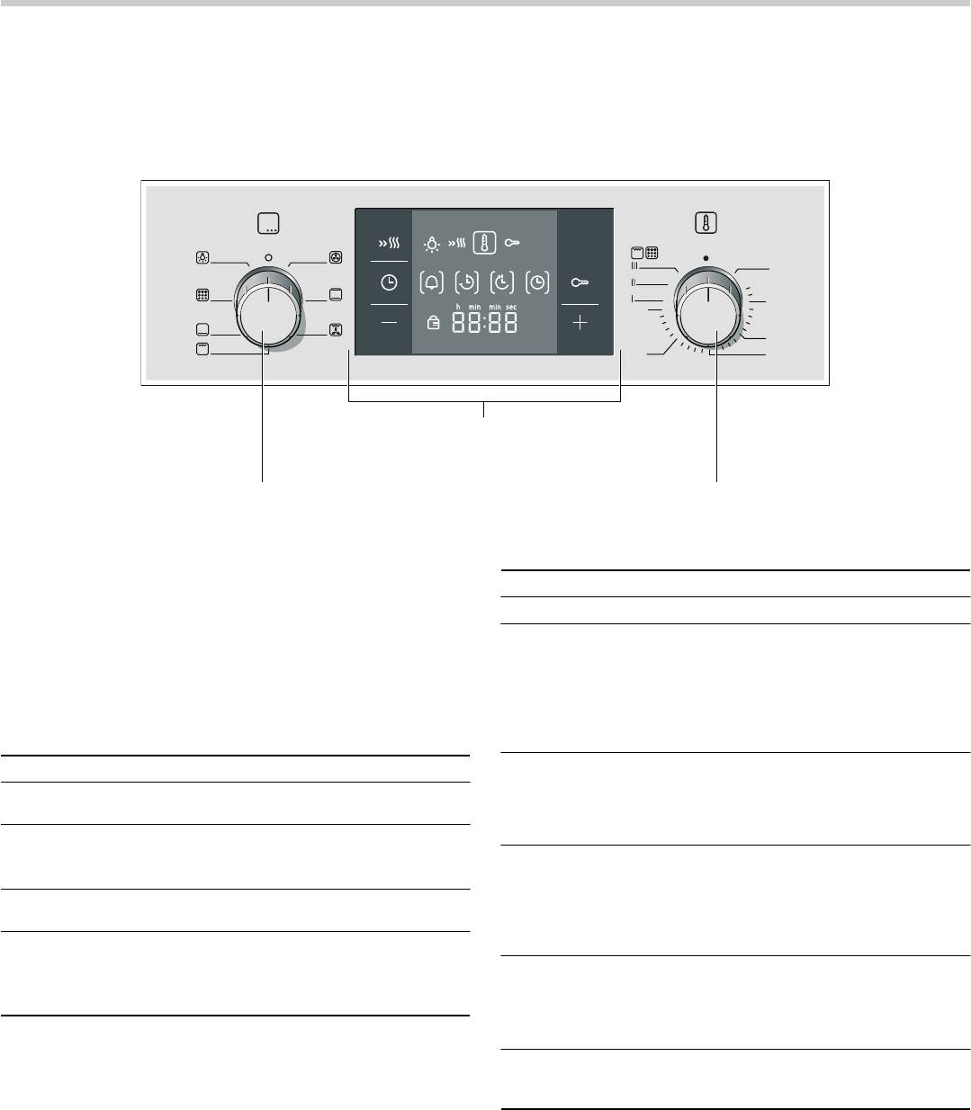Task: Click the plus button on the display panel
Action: (580, 323)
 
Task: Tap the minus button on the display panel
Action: (388, 323)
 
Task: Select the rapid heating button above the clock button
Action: (388, 244)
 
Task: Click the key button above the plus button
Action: (580, 282)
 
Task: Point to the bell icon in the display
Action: (433, 282)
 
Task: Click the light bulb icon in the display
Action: (434, 244)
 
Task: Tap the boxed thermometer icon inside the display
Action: (484, 244)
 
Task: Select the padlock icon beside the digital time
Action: (434, 325)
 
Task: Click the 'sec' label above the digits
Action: (511, 308)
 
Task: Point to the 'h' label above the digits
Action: (458, 308)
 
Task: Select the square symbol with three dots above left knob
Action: (268, 224)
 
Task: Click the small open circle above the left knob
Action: (268, 257)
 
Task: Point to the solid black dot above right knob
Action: (706, 257)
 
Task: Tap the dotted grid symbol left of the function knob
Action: (202, 295)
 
